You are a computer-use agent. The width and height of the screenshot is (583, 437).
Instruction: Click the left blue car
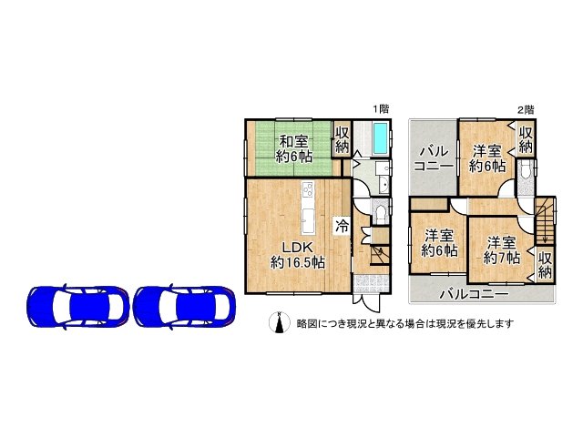coord(77,307)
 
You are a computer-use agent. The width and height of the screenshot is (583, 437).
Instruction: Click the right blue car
coord(184,307)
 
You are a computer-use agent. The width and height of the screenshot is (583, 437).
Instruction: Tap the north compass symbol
coord(280,322)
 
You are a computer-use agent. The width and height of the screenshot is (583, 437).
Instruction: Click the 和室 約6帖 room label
coord(293,148)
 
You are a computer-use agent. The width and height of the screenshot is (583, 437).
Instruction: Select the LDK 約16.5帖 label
coord(298,255)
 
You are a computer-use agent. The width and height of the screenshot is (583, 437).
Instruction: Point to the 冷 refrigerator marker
coord(343,226)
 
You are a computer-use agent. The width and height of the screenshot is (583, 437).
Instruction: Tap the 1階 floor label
coord(381,109)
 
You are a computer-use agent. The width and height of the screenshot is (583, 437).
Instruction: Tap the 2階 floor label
coord(526,109)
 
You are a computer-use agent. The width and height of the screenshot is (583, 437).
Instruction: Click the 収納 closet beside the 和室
coord(343,139)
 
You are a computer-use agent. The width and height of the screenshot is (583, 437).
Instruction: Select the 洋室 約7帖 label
coord(502,250)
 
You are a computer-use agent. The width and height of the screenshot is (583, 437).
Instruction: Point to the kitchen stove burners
coord(308,190)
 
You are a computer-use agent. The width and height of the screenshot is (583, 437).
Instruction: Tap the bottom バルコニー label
coord(474,295)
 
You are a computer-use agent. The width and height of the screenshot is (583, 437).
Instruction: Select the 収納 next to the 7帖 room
coord(545,265)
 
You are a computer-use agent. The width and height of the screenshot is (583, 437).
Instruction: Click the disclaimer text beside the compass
coord(405,324)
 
